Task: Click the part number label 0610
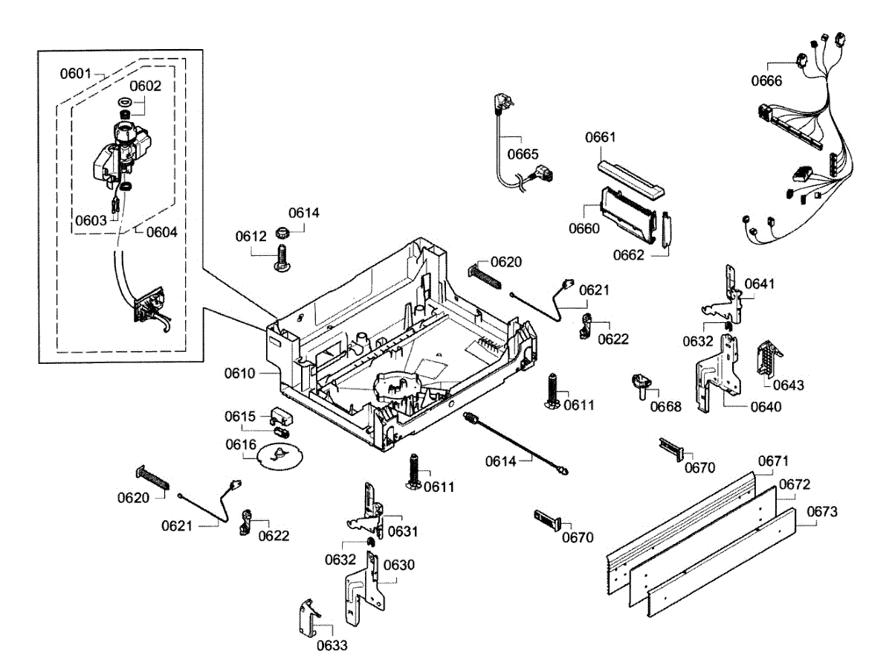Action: [x=240, y=372]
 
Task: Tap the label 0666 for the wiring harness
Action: [x=766, y=80]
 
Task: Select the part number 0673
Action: [x=821, y=512]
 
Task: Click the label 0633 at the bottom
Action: [x=332, y=645]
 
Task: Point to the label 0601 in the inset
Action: [x=76, y=74]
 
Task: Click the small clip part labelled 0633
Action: [x=308, y=617]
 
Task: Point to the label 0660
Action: [x=584, y=228]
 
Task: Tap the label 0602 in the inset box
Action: [x=146, y=86]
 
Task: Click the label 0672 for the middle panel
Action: [x=794, y=485]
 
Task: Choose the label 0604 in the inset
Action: [x=161, y=231]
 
